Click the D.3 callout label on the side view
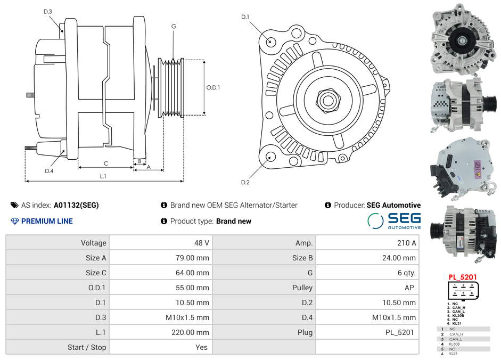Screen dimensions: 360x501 pos(48,11)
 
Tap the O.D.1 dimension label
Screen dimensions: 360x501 pos(213,87)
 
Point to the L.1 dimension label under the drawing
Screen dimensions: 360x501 pos(103,176)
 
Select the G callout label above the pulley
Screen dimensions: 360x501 pos(174,26)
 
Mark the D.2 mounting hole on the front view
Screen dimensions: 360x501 pos(270,157)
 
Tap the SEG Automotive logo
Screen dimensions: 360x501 pos(395,220)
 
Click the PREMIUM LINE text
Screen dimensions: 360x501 pos(47,221)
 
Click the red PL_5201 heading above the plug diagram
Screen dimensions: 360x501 pos(462,277)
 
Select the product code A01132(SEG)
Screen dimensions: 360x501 pos(76,205)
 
